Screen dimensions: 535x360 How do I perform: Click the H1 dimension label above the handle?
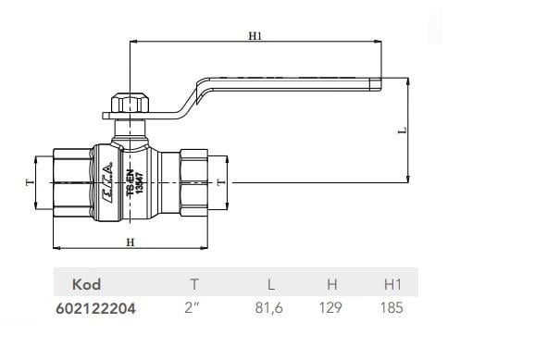tap(255, 36)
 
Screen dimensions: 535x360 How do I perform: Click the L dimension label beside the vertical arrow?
tap(403, 130)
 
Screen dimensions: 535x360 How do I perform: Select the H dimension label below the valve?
tap(131, 242)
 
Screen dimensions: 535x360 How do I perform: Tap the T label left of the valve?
tap(30, 182)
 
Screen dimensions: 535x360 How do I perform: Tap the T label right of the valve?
tap(221, 182)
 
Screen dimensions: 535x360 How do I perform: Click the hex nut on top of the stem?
tap(131, 103)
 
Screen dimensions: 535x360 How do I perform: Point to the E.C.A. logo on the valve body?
tap(108, 182)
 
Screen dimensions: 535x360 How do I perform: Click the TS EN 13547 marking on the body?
tap(135, 183)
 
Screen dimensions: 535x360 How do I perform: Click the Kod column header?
tap(86, 284)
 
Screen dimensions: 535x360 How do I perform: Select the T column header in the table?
tap(194, 284)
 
